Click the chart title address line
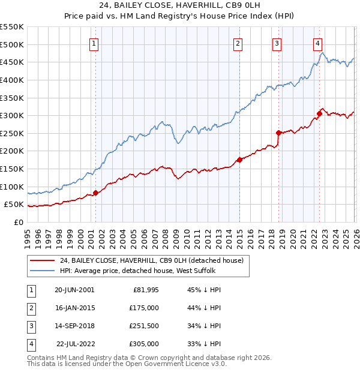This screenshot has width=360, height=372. coord(180,6)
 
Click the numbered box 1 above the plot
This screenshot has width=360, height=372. coord(95,43)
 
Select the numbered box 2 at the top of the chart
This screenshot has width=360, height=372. coord(238,43)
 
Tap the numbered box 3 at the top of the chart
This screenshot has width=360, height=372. coord(277,43)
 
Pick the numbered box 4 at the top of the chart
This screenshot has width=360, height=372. coord(317,43)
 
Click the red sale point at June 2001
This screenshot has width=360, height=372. coord(95,193)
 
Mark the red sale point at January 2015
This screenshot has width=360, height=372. coord(239,160)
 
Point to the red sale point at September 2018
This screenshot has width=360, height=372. coord(278,133)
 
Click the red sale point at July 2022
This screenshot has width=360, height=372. coord(319,113)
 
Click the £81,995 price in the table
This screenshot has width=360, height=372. coord(144,290)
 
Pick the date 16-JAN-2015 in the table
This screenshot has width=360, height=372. coord(74,308)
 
